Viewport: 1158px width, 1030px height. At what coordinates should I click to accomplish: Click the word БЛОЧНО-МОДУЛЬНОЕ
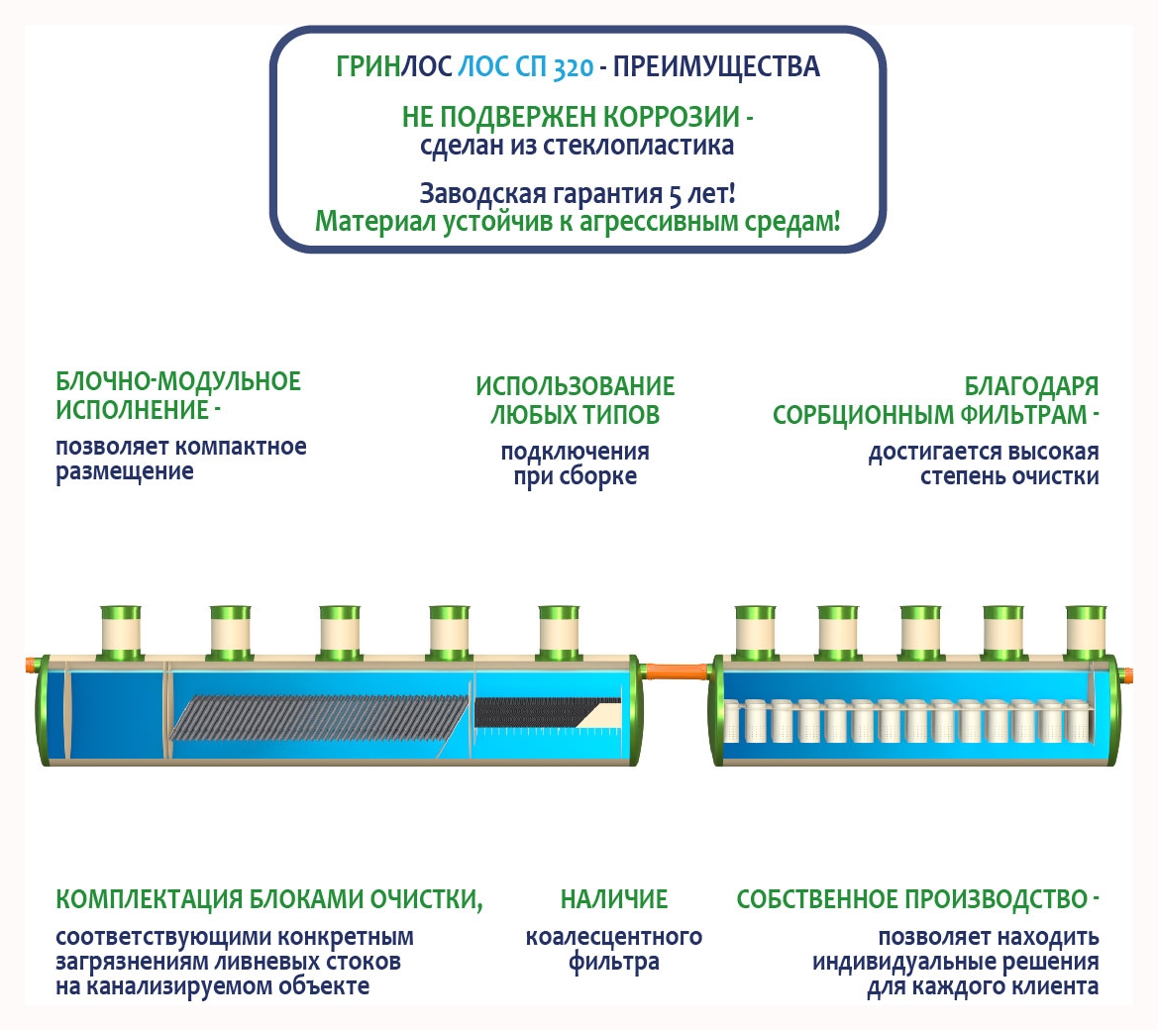point(178,382)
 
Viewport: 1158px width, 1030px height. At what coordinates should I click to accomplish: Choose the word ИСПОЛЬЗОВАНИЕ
point(575,386)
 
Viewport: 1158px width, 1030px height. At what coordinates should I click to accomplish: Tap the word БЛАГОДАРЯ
point(1031,386)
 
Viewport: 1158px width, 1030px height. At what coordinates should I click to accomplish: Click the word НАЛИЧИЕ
point(614,899)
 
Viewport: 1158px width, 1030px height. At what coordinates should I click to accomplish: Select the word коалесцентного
point(614,937)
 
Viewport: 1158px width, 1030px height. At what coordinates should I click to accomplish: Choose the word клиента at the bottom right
point(1053,987)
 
